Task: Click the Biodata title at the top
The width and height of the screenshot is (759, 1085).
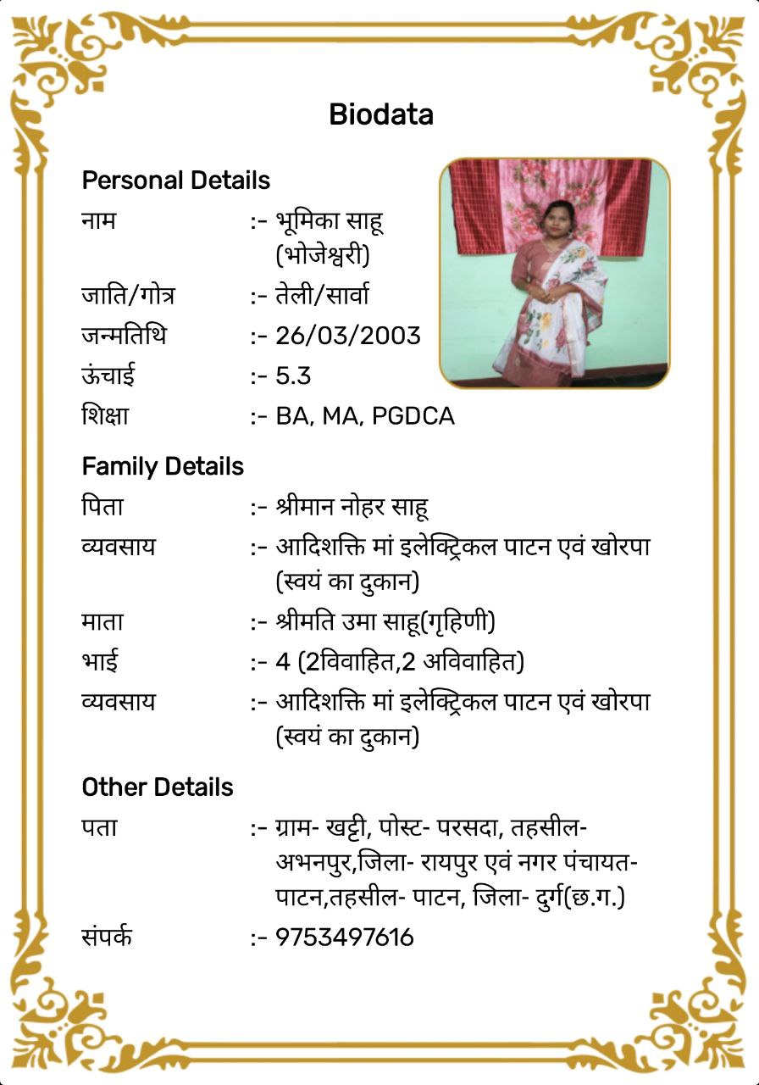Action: tap(381, 114)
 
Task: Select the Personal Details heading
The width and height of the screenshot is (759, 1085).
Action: tap(175, 181)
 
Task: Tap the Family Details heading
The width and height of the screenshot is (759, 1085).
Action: tap(163, 467)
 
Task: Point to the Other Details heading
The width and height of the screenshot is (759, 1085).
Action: tap(157, 787)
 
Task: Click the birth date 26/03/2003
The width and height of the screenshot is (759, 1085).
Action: tap(347, 336)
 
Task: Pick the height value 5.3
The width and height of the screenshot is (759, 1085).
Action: tap(294, 376)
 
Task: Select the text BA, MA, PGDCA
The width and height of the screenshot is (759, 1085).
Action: tap(364, 416)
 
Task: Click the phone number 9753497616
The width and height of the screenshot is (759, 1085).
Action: tap(344, 938)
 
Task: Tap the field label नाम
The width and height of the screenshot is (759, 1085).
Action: tap(99, 221)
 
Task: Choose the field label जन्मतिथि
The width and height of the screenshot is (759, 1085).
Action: tap(124, 336)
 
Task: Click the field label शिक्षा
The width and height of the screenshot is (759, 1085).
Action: tap(105, 416)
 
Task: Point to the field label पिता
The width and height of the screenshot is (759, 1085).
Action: tap(102, 507)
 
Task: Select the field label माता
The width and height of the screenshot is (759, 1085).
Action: tap(102, 621)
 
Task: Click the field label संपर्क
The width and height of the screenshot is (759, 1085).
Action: tap(107, 938)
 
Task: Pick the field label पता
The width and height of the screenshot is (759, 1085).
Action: tap(99, 827)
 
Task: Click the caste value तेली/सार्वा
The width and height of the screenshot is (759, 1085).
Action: tap(322, 296)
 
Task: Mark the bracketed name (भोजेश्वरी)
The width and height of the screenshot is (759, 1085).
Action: tap(323, 254)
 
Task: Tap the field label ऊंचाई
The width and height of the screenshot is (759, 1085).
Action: tap(108, 376)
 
